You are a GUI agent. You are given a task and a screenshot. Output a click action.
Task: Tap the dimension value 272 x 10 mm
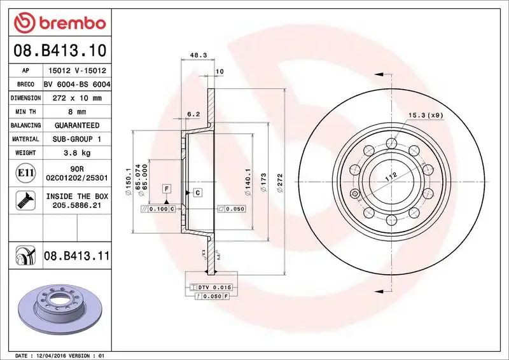76,98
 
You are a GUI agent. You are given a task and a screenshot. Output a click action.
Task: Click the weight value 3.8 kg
76,153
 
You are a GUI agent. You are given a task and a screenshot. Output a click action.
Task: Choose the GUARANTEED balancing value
76,125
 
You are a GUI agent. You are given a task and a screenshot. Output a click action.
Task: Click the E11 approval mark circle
22,172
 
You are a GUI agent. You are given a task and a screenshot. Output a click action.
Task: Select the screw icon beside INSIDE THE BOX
23,202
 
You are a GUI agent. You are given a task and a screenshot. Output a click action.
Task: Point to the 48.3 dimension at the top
197,55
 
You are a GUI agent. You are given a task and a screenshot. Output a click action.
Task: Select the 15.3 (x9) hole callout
424,115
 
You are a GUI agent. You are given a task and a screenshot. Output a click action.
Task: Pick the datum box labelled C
197,192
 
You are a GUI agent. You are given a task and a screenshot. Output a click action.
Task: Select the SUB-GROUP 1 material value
76,139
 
